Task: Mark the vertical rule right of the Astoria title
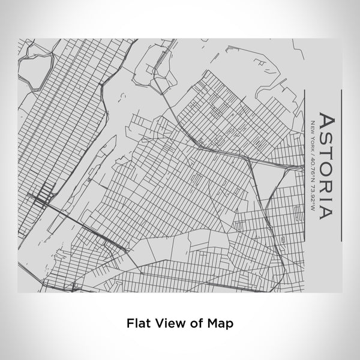coord(340,164)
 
